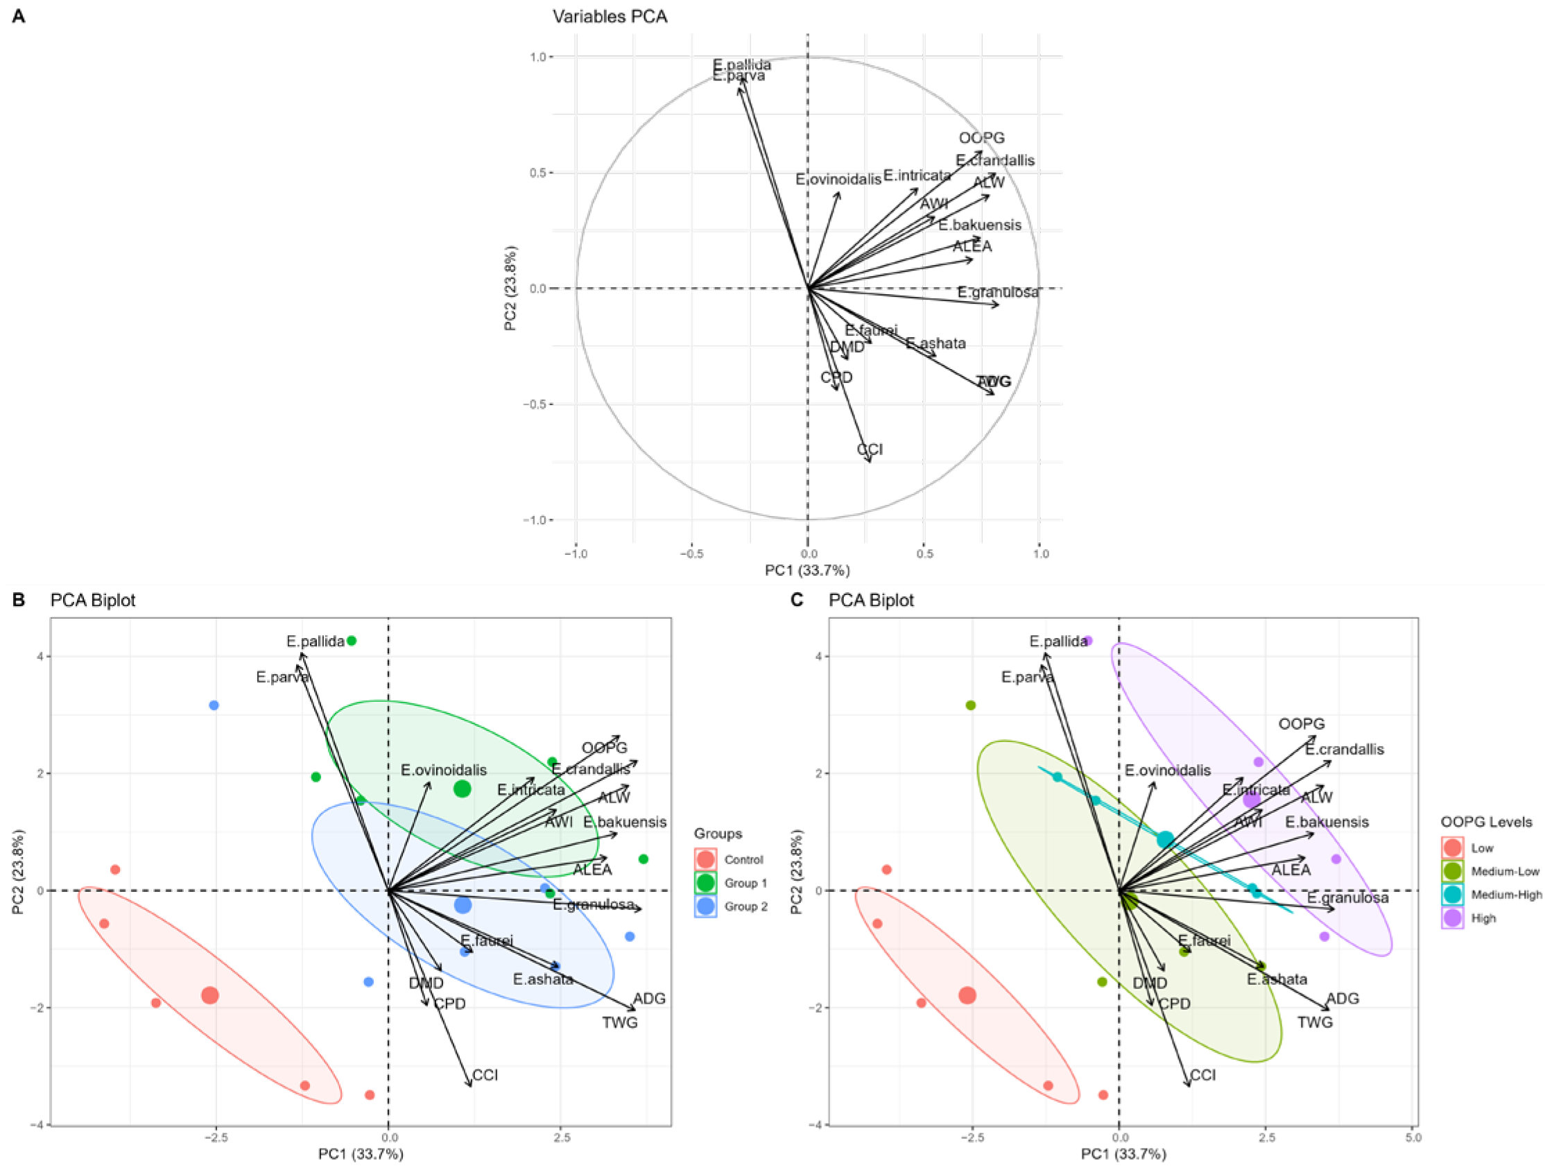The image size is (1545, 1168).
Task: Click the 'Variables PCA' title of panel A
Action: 609,17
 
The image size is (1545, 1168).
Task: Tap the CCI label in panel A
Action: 870,449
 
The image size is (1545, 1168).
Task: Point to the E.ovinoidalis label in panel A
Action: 838,180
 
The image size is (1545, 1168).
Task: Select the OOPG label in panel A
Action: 981,138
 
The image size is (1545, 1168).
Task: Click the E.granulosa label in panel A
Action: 997,292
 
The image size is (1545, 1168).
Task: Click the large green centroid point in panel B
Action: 463,789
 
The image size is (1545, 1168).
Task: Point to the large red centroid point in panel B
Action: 209,995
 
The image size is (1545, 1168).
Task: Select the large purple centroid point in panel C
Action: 1251,799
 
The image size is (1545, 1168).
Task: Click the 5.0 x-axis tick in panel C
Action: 1413,1138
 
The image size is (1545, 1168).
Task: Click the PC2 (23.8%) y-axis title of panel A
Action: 510,288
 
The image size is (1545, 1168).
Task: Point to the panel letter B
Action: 19,600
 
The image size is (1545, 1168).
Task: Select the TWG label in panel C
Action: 1315,1022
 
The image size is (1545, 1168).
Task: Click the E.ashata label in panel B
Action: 543,979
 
